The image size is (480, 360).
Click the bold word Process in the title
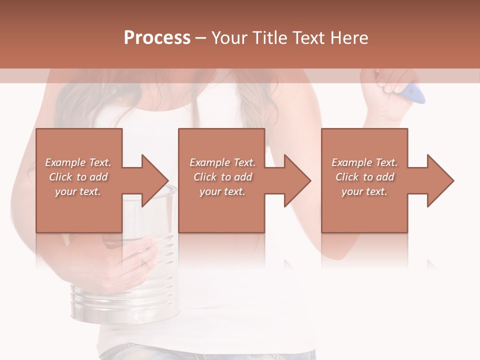157,38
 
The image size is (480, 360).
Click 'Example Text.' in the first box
78,162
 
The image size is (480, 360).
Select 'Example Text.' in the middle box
222,162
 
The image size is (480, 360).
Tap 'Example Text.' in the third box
364,162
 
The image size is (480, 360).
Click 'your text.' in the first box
78,191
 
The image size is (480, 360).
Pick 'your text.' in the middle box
222,191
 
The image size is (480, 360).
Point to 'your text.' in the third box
364,191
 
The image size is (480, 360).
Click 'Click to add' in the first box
78,177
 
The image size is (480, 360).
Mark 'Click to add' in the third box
364,177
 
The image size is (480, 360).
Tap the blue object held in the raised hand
414,93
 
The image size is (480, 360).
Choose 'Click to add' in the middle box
222,177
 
